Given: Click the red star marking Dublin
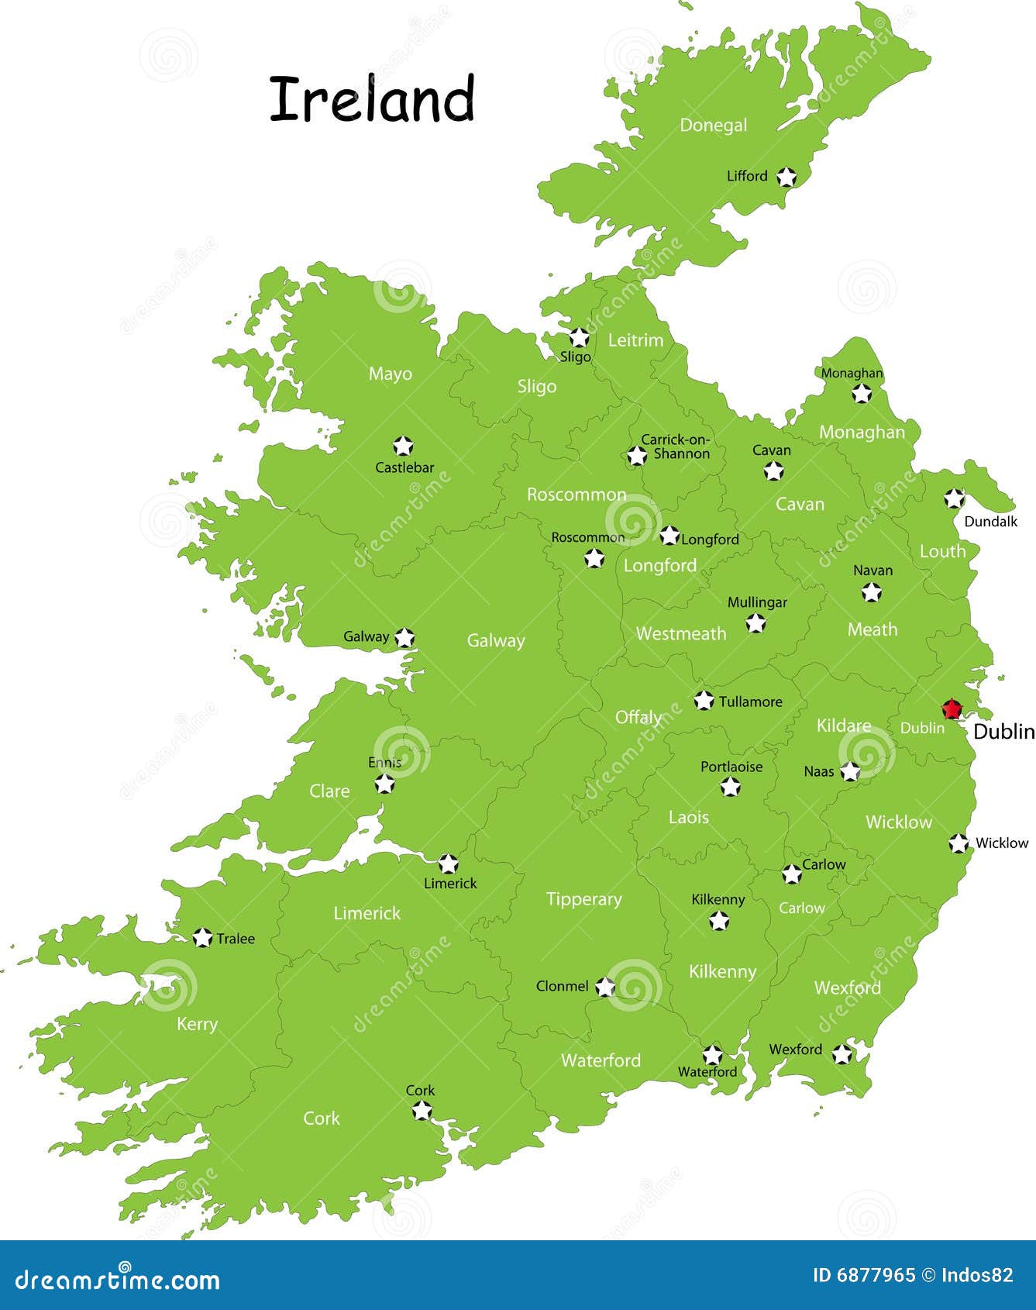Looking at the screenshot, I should pos(951,709).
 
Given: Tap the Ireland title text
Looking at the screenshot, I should pos(372,99).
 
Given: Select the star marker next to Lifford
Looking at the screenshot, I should pos(786,177).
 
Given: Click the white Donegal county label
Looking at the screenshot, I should pos(713,126).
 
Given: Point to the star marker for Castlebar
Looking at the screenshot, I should pos(402,446).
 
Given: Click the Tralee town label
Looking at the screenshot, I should pos(236,939).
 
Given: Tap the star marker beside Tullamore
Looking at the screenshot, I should pos(704,701).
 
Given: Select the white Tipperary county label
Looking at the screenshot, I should pos(583,899).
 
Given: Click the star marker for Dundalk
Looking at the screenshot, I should pos(954,498).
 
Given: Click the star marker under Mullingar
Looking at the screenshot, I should pos(755,622).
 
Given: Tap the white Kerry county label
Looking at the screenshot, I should pos(197,1024).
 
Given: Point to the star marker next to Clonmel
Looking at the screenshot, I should pos(605,987).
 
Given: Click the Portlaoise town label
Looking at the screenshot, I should pos(731,767).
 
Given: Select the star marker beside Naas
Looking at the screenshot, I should pos(850,771).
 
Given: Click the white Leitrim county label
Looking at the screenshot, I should pos(635,340).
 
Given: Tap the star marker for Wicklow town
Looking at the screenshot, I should pos(959,843).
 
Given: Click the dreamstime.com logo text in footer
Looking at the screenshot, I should pos(117,1279).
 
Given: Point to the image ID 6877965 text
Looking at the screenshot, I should pos(863,1275).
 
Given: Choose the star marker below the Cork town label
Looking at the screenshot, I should pos(422,1111).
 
